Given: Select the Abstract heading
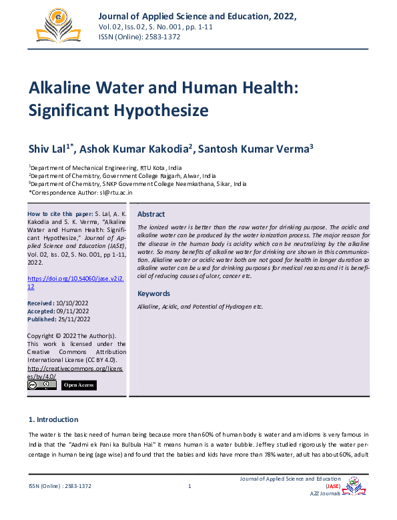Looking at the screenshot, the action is [151, 214].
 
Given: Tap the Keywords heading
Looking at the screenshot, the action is [154, 293].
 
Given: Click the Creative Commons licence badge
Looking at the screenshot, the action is [41, 385].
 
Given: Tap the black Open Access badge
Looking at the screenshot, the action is [78, 385].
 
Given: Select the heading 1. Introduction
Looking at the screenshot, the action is [53, 419].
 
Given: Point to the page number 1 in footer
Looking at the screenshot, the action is [189, 486].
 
